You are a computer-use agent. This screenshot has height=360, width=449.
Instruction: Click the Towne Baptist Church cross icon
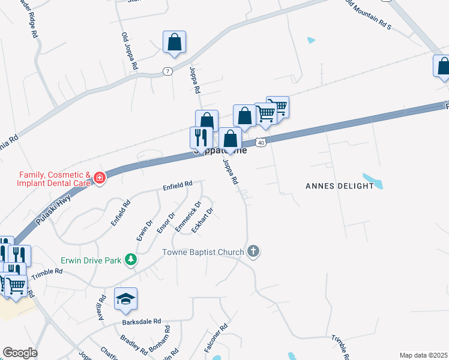pyautogui.click(x=253, y=251)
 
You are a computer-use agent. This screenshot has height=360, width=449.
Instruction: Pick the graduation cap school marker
pyautogui.click(x=126, y=299)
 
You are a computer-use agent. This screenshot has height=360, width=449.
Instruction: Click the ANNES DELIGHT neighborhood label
pyautogui.click(x=340, y=186)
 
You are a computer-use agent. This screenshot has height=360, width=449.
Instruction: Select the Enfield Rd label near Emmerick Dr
pyautogui.click(x=177, y=186)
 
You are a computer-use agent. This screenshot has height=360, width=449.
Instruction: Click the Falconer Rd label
pyautogui.click(x=215, y=338)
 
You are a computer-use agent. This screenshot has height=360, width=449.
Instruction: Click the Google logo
pyautogui.click(x=20, y=353)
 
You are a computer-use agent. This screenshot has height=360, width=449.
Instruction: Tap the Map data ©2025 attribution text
pyautogui.click(x=423, y=355)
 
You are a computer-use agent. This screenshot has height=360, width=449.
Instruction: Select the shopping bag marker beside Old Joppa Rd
pyautogui.click(x=174, y=43)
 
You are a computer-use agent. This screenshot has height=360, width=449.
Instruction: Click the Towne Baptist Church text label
pyautogui.click(x=203, y=252)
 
